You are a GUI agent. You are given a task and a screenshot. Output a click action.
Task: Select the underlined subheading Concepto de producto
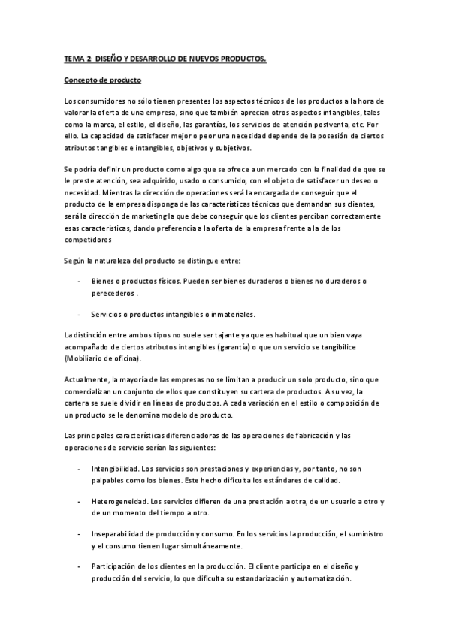(x=102, y=79)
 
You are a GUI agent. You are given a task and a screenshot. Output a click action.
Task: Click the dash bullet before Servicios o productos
(x=80, y=315)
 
